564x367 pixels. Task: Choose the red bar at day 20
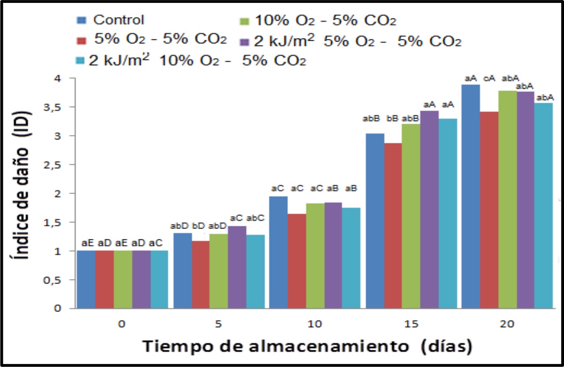pyautogui.click(x=489, y=210)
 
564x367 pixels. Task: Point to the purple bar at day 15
pyautogui.click(x=429, y=210)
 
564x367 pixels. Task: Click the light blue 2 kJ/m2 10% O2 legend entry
pyautogui.click(x=191, y=61)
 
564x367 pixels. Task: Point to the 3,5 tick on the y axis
pyautogui.click(x=61, y=107)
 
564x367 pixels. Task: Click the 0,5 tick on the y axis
pyautogui.click(x=61, y=280)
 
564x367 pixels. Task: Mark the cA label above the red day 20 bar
pyautogui.click(x=490, y=78)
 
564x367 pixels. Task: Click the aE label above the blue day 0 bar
pyautogui.click(x=87, y=243)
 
